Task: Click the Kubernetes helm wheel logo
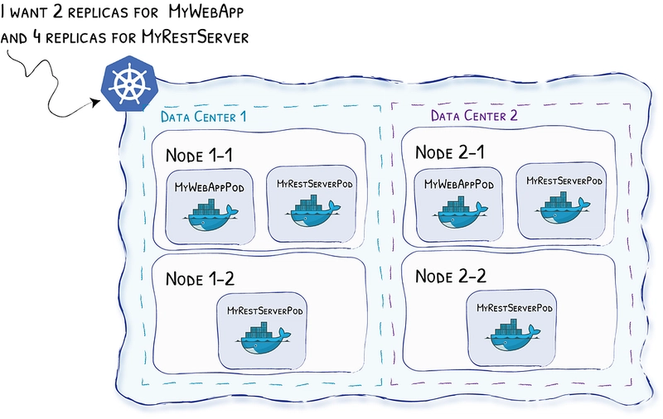pyautogui.click(x=129, y=84)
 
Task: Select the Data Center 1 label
pyautogui.click(x=203, y=117)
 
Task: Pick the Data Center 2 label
pyautogui.click(x=474, y=115)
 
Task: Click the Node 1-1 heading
pyautogui.click(x=199, y=156)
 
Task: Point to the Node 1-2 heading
pyautogui.click(x=200, y=279)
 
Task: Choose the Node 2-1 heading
pyautogui.click(x=449, y=152)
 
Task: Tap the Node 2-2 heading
pyautogui.click(x=451, y=277)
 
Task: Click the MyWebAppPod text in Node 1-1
pyautogui.click(x=210, y=187)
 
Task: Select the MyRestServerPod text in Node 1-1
pyautogui.click(x=315, y=184)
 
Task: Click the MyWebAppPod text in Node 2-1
pyautogui.click(x=459, y=185)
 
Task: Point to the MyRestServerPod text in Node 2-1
pyautogui.click(x=564, y=181)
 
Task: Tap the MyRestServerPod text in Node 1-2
pyautogui.click(x=265, y=311)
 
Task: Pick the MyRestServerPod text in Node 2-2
pyautogui.click(x=515, y=308)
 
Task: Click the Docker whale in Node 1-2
pyautogui.click(x=264, y=338)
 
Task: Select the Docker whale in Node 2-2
pyautogui.click(x=513, y=335)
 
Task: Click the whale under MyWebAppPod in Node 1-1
pyautogui.click(x=211, y=215)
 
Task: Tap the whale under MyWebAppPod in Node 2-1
pyautogui.click(x=461, y=213)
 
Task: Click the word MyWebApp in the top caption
pyautogui.click(x=206, y=12)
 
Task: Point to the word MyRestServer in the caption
pyautogui.click(x=195, y=37)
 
